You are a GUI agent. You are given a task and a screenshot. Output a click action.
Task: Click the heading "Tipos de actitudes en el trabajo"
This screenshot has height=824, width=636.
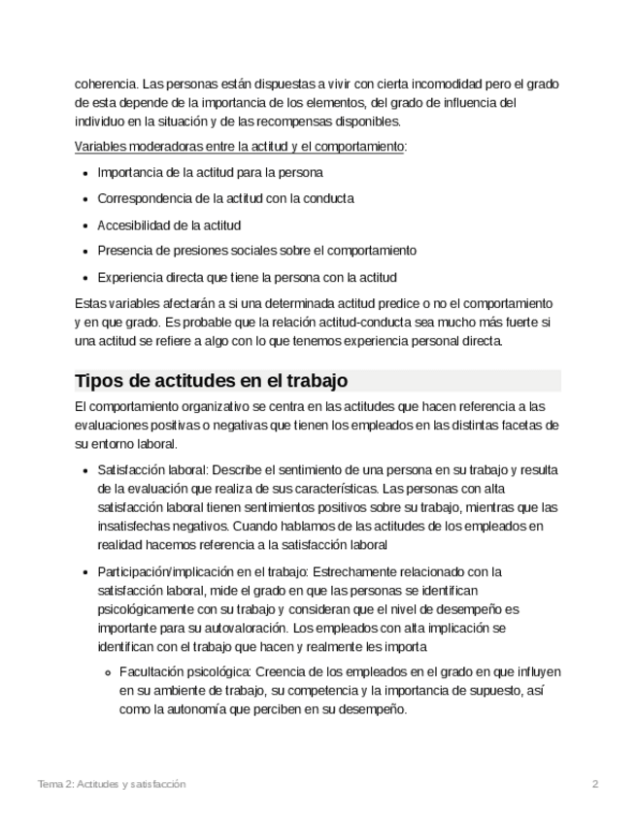tap(212, 380)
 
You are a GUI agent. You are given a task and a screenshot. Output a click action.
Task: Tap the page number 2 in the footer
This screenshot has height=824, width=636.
tap(595, 783)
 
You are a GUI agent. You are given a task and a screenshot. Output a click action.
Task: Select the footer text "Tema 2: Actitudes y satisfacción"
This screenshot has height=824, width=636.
tap(111, 783)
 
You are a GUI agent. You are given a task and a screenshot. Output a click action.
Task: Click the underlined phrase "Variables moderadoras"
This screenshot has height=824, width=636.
tap(135, 147)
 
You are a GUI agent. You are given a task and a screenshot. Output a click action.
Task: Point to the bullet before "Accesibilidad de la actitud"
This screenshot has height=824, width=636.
tap(85, 224)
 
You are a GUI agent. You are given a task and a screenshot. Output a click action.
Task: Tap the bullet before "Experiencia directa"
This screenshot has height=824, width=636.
tap(85, 277)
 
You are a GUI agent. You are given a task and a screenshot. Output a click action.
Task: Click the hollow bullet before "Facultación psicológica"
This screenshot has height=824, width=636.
tap(109, 672)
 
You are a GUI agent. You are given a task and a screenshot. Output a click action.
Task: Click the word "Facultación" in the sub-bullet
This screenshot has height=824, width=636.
tap(153, 672)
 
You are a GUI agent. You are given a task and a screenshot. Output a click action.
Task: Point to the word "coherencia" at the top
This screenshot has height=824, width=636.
tap(106, 84)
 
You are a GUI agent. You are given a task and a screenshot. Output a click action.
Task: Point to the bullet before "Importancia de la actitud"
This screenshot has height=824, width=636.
tap(85, 172)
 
